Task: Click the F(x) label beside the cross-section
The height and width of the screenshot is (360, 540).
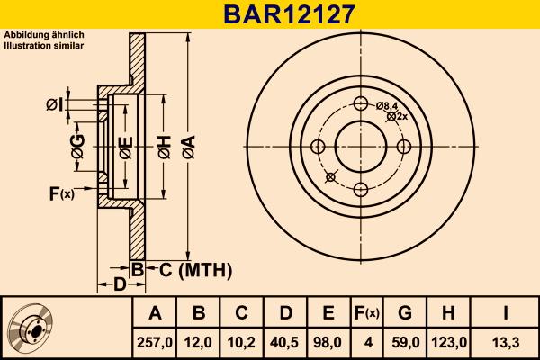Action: pyautogui.click(x=60, y=193)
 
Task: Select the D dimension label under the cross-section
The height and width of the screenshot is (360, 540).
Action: pyautogui.click(x=119, y=285)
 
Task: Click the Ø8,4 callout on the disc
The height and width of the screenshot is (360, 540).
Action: pyautogui.click(x=388, y=106)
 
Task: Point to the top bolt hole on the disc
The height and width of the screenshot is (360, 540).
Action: pyautogui.click(x=361, y=103)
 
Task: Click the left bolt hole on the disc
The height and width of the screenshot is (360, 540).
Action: pyautogui.click(x=319, y=147)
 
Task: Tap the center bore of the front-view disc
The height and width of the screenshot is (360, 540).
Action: pyautogui.click(x=361, y=147)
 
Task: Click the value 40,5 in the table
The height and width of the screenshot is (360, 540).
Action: pyautogui.click(x=286, y=341)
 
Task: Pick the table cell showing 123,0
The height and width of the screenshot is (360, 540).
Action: pyautogui.click(x=450, y=341)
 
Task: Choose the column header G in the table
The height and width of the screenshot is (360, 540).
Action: pyautogui.click(x=406, y=313)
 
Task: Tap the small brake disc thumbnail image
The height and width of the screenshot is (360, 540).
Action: pyautogui.click(x=31, y=327)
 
